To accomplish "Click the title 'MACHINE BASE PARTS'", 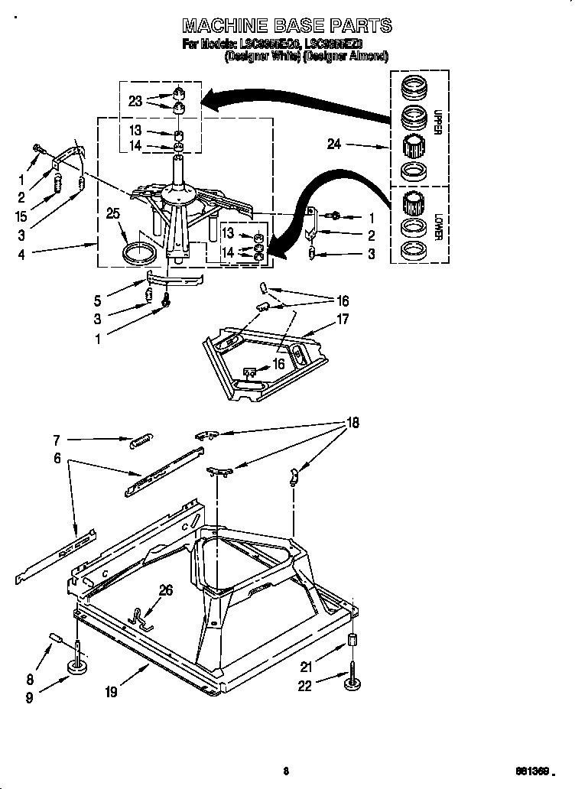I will (x=287, y=25).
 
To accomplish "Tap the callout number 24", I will (x=333, y=143).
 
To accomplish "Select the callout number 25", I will (x=113, y=215).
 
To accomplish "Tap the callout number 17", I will (x=343, y=319).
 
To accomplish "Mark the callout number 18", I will (x=352, y=422).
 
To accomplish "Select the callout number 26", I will (x=165, y=589).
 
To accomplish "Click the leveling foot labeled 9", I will (x=77, y=667).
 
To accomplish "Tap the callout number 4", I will (x=21, y=255).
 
